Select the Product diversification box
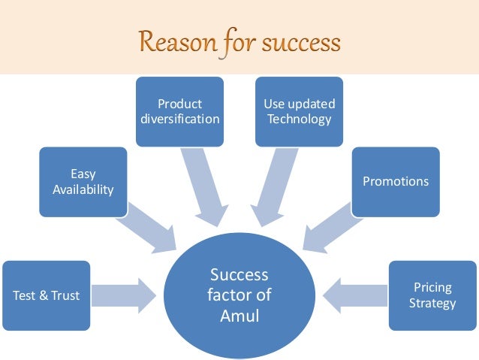click(x=179, y=110)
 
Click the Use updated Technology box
click(x=300, y=110)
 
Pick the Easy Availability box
click(x=83, y=181)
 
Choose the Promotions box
click(x=396, y=181)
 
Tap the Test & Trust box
click(x=46, y=295)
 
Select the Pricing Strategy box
click(x=432, y=295)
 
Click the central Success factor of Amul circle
click(x=239, y=295)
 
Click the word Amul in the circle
click(x=239, y=316)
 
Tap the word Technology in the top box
click(x=300, y=119)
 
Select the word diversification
click(x=179, y=119)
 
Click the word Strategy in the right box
click(x=432, y=304)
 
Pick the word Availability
click(x=83, y=189)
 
